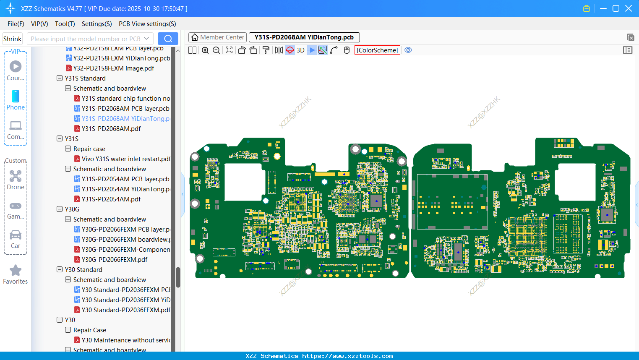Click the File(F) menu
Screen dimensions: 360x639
tap(16, 24)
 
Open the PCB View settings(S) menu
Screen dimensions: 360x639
tap(147, 24)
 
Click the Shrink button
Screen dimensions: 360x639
tap(12, 39)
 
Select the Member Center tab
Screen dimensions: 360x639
tap(217, 37)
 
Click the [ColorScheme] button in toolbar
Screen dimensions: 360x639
tap(377, 50)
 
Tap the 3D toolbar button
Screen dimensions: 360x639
tap(300, 50)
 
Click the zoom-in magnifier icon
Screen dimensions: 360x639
tap(205, 50)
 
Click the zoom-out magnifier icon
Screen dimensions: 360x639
tap(216, 50)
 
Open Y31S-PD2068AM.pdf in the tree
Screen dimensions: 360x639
tap(111, 128)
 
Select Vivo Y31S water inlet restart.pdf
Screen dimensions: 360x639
tap(126, 159)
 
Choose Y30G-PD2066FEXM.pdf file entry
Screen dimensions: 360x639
tap(114, 259)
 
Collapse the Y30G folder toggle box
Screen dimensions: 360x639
tap(60, 209)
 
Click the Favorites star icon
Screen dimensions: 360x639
tap(16, 271)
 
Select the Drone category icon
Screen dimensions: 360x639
tap(16, 177)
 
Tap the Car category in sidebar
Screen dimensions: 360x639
tap(16, 235)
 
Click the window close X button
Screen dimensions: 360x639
tap(629, 8)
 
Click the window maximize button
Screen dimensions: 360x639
tap(616, 8)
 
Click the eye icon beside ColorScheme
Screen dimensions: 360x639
tap(408, 50)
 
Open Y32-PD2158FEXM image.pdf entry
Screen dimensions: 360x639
tap(113, 68)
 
